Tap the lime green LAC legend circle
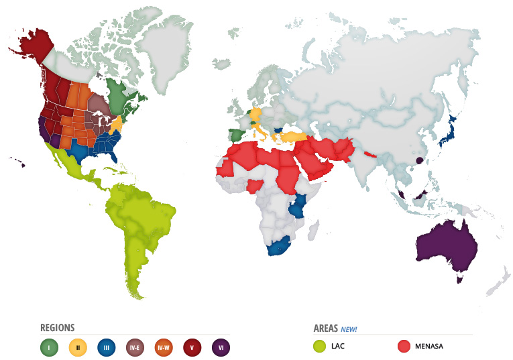tap(321, 347)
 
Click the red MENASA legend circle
tap(404, 347)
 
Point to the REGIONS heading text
tap(58, 328)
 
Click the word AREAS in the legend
tap(325, 328)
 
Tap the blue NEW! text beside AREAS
tap(349, 329)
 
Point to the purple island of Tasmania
tap(460, 280)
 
